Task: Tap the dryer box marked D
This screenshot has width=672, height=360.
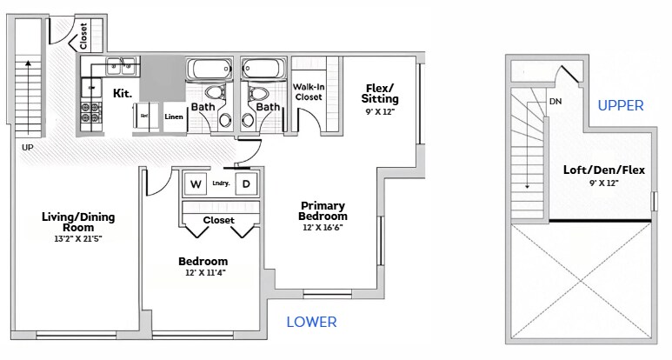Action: (246, 184)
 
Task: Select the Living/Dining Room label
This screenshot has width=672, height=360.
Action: (78, 221)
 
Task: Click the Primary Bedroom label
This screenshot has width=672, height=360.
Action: (323, 210)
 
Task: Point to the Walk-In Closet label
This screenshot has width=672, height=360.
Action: (309, 92)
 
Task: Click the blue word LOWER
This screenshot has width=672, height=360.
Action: (311, 322)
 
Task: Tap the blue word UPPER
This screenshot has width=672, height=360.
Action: (621, 105)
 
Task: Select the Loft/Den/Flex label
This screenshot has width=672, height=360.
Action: (604, 170)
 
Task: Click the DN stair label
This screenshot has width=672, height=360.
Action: (556, 102)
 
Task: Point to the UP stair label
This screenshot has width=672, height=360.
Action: (28, 148)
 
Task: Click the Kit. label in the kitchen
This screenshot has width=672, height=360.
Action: (123, 92)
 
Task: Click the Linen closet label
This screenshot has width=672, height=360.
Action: (174, 116)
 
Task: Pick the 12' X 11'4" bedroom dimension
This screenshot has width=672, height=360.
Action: (203, 273)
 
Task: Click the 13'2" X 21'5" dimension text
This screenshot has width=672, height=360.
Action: (78, 238)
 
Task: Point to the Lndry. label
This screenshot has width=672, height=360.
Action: (220, 183)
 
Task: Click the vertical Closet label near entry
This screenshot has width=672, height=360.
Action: (83, 37)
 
